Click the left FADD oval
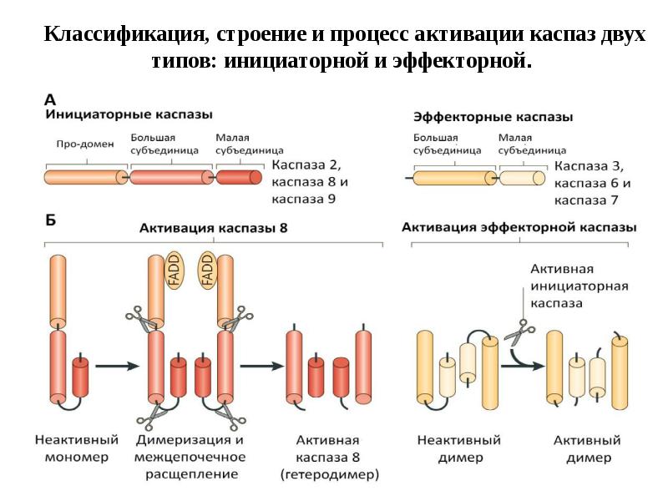pyautogui.click(x=175, y=271)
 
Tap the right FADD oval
pyautogui.click(x=207, y=271)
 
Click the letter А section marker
pyautogui.click(x=50, y=98)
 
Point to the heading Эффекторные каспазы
pyautogui.click(x=493, y=118)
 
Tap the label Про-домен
pyautogui.click(x=79, y=143)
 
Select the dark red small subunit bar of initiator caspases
pyautogui.click(x=240, y=177)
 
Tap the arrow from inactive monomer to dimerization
pyautogui.click(x=117, y=366)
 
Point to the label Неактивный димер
pyautogui.click(x=460, y=448)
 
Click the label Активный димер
pyautogui.click(x=589, y=448)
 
